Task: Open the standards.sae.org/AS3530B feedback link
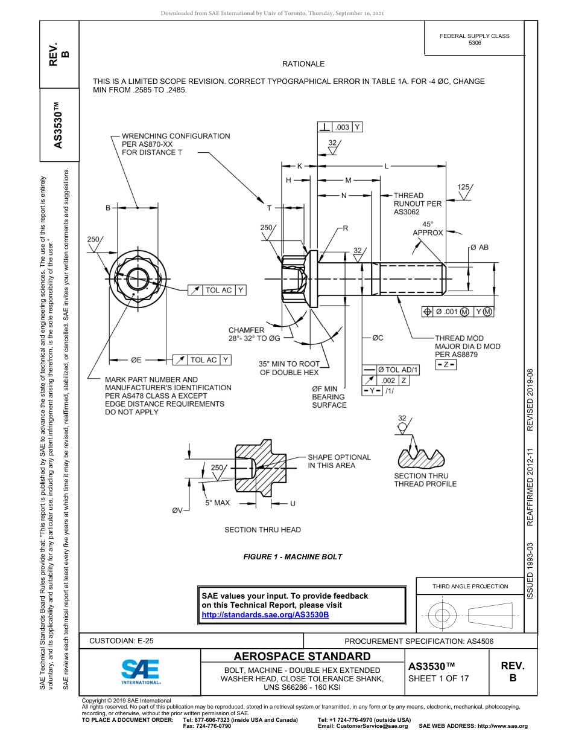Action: coord(265,614)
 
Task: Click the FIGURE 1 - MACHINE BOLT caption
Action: coord(293,556)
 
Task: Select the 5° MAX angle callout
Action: coord(217,503)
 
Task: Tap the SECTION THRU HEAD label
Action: coord(262,530)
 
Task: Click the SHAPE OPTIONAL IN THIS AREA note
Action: coord(339,462)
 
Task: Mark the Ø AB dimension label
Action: coord(479,247)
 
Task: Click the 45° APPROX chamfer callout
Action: coord(428,228)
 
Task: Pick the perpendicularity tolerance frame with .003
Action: coord(340,127)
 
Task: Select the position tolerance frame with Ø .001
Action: coord(457,312)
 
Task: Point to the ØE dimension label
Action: coord(135,359)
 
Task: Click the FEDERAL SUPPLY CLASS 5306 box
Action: coord(474,39)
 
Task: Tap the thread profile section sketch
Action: coord(420,458)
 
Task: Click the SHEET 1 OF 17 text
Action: coord(438,678)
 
